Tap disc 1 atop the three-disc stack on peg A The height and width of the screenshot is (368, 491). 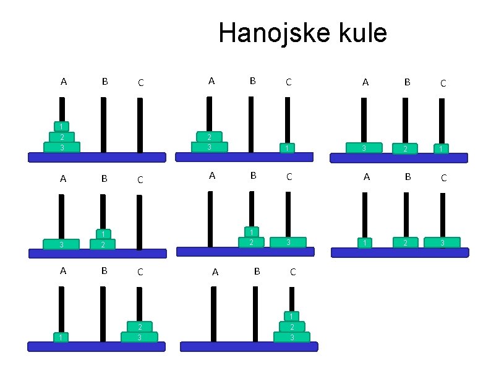(x=62, y=126)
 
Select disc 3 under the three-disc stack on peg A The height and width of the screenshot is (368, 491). (x=62, y=148)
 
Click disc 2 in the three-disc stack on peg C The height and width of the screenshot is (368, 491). (x=292, y=327)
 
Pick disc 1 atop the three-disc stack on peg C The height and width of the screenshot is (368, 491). (x=292, y=316)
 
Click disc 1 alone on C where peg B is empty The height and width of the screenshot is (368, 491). (x=286, y=148)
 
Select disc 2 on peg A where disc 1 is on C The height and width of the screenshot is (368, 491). (x=209, y=137)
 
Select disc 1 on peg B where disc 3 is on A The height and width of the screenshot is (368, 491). (x=104, y=234)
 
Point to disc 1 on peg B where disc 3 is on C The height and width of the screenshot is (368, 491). (x=251, y=232)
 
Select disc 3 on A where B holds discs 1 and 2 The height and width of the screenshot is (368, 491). (x=61, y=244)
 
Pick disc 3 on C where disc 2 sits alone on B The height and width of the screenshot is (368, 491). (x=442, y=242)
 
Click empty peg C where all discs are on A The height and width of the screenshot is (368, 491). (x=140, y=124)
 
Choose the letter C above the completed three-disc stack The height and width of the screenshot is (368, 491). (x=292, y=272)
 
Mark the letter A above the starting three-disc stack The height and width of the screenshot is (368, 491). (x=64, y=81)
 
